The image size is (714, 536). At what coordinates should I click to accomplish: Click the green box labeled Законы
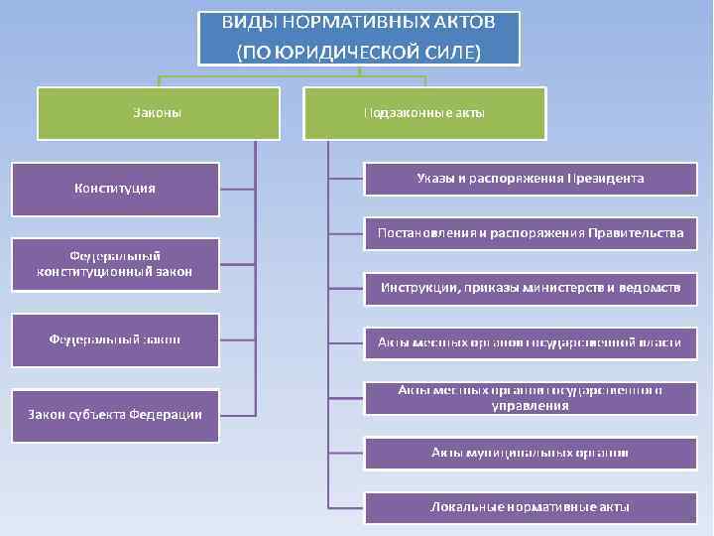point(157,113)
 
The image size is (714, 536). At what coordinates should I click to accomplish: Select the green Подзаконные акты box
point(423,113)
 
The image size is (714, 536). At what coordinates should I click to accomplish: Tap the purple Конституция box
point(115,189)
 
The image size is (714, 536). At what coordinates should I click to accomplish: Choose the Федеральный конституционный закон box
point(115,263)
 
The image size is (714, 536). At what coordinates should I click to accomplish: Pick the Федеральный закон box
point(115,339)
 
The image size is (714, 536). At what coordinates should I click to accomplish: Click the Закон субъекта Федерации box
point(115,414)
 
